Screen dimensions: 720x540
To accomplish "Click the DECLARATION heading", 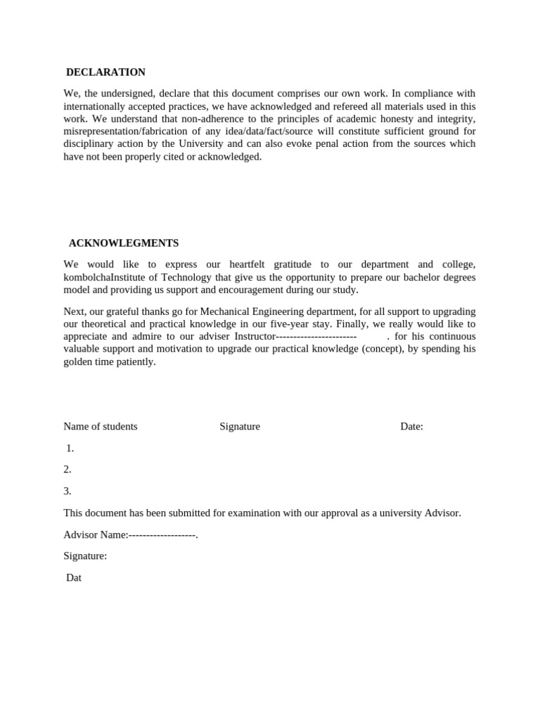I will [x=105, y=72].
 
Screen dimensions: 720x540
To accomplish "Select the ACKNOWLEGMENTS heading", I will [x=124, y=243].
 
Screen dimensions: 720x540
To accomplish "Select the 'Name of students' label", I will [x=101, y=426].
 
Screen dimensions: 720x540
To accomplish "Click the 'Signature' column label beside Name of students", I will [x=240, y=426].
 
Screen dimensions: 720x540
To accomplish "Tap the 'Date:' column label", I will [x=411, y=426].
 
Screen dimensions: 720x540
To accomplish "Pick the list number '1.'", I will [x=70, y=448].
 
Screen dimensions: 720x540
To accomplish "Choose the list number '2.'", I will [x=67, y=469].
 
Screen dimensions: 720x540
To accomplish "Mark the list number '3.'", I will [x=67, y=491].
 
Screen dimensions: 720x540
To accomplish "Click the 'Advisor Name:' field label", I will [x=96, y=535].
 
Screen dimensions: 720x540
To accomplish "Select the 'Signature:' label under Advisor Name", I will [x=85, y=555].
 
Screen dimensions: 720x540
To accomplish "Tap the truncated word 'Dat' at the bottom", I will [x=74, y=577].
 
